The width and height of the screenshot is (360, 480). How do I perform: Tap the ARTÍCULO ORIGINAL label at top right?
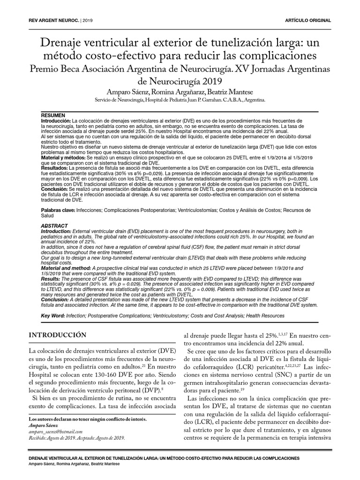tap(308, 21)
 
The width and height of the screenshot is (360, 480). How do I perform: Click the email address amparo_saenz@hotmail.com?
tap(56, 431)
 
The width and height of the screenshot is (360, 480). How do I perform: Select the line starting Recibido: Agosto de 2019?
tap(77, 438)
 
